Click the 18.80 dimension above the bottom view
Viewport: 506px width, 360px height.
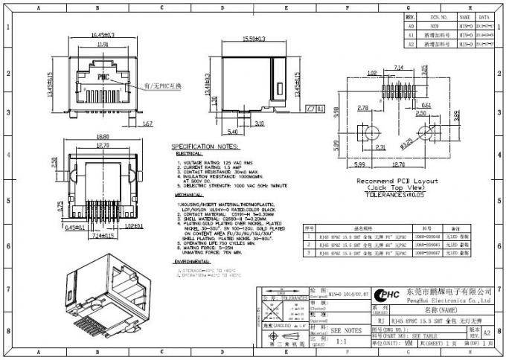[103, 136]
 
